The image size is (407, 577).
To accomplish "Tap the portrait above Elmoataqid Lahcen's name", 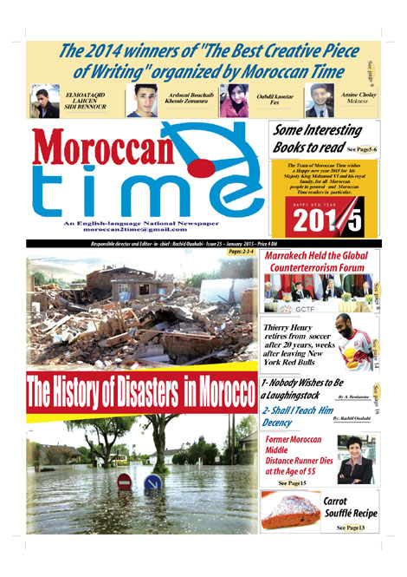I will click(x=44, y=101).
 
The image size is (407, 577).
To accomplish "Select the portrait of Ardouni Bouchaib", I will click(x=141, y=100).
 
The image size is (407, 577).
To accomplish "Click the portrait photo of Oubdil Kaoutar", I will click(x=234, y=100).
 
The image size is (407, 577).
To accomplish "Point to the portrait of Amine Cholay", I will click(x=319, y=100).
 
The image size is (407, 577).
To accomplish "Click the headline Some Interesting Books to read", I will click(x=317, y=139).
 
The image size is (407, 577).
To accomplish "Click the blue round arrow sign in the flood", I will click(x=152, y=482).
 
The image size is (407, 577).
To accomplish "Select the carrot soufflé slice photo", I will click(x=290, y=511).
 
